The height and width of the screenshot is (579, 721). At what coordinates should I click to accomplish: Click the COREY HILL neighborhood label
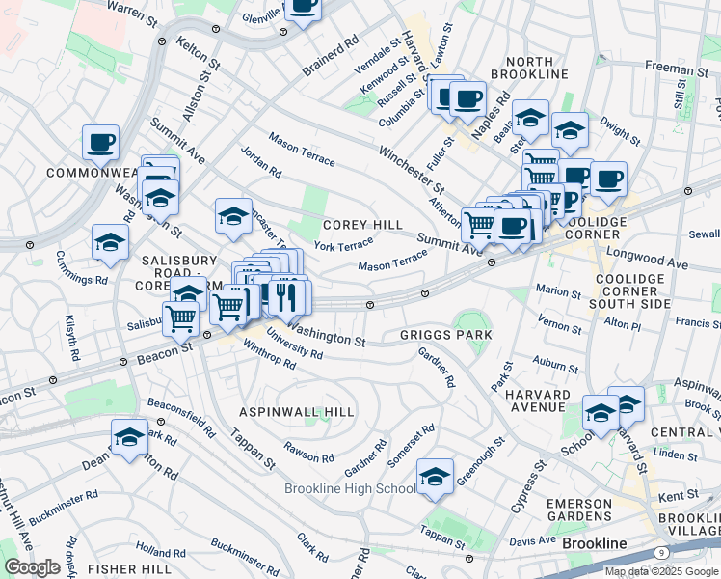point(362,225)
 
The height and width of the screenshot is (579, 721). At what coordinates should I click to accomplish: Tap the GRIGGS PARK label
point(446,335)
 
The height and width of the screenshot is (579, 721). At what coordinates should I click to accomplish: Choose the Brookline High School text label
point(350,488)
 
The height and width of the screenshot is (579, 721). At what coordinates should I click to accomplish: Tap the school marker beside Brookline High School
point(436,477)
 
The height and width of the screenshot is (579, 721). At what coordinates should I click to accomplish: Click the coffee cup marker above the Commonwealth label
point(100,144)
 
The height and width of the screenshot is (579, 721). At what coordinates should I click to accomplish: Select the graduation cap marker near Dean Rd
point(130,437)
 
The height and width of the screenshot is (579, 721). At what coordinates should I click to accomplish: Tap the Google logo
point(33,567)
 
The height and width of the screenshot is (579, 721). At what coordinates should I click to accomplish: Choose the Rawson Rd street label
point(309,451)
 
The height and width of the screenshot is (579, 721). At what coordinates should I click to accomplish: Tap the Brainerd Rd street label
point(330,48)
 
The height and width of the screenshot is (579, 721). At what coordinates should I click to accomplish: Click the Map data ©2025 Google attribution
point(661,571)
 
